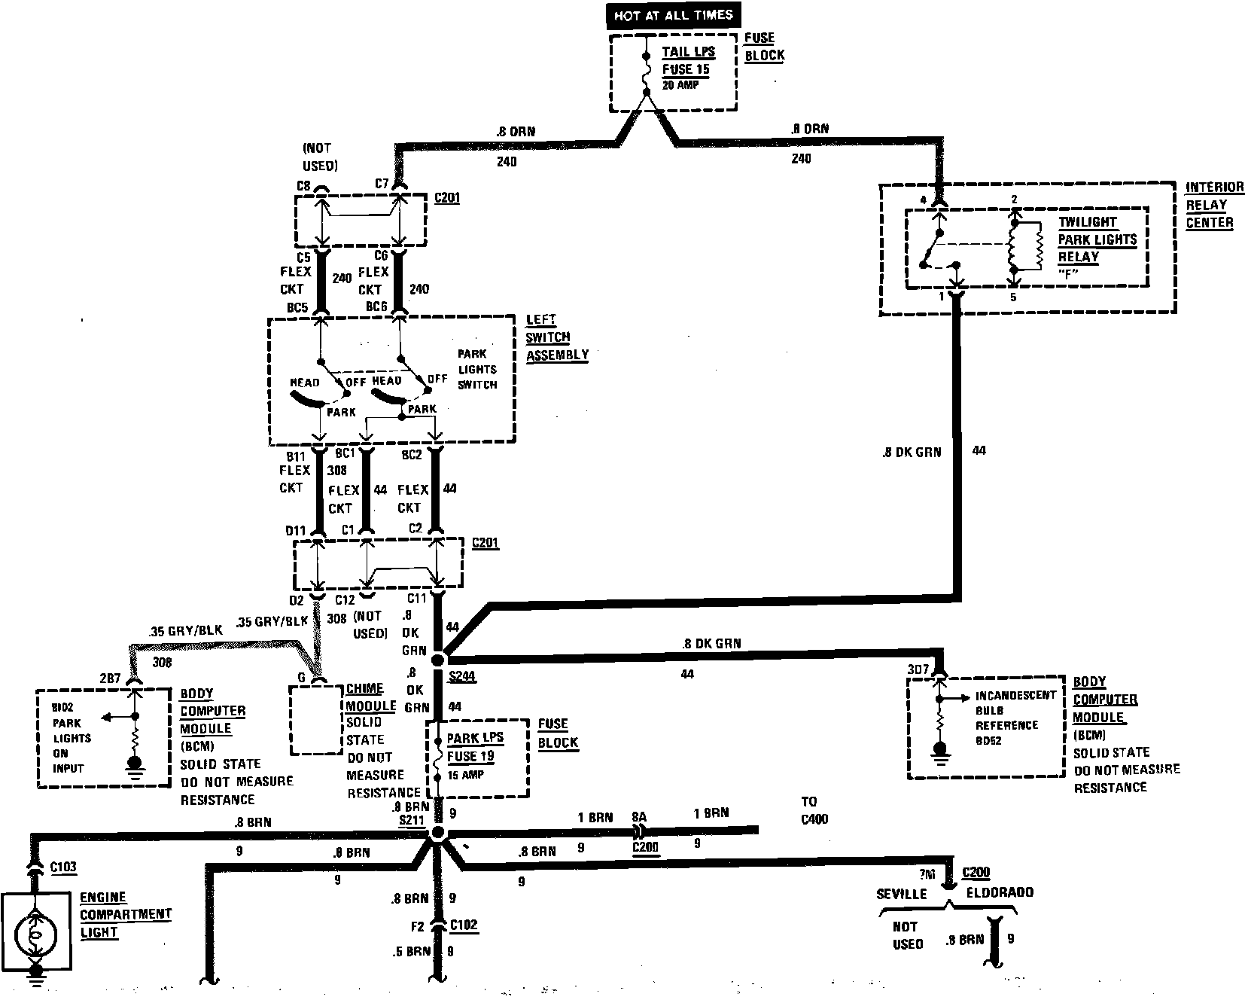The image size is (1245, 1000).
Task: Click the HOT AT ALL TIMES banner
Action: (673, 14)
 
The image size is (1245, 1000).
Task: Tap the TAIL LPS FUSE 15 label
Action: (688, 60)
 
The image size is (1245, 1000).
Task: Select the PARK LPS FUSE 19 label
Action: (475, 747)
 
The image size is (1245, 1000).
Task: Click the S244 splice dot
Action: (438, 660)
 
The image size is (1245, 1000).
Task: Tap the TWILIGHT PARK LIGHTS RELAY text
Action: (1097, 239)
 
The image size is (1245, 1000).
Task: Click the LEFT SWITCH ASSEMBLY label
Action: (556, 337)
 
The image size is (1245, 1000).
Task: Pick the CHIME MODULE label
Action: (370, 697)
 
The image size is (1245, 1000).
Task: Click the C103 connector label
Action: (63, 867)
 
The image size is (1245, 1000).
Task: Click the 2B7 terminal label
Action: (110, 678)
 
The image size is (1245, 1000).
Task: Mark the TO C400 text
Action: (811, 809)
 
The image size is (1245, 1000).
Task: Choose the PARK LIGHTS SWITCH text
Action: (477, 369)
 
